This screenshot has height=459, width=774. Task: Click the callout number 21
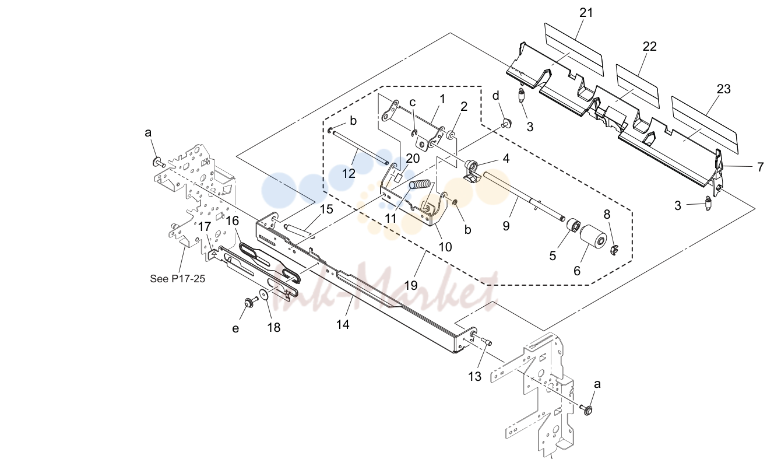[x=586, y=13]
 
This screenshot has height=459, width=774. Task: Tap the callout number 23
[x=723, y=89]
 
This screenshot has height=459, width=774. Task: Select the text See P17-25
[x=178, y=279]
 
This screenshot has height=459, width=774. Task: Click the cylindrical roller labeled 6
[x=593, y=239]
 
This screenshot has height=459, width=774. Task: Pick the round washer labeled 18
[x=265, y=295]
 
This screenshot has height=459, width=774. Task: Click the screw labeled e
[x=251, y=302]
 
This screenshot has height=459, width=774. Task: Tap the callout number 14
[x=343, y=324]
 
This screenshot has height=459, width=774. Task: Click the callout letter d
[x=496, y=96]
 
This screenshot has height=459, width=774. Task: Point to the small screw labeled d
[x=507, y=123]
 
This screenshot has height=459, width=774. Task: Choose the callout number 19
[x=411, y=285]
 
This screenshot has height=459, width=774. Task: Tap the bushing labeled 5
[x=574, y=226]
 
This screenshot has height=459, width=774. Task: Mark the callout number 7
[x=761, y=167]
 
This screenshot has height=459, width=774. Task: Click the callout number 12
[x=349, y=173]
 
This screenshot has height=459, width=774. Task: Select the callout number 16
[x=233, y=220]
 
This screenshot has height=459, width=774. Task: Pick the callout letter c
[x=413, y=103]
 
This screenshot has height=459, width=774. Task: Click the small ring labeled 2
[x=451, y=135]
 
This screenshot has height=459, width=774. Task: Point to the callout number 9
[x=506, y=226]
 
